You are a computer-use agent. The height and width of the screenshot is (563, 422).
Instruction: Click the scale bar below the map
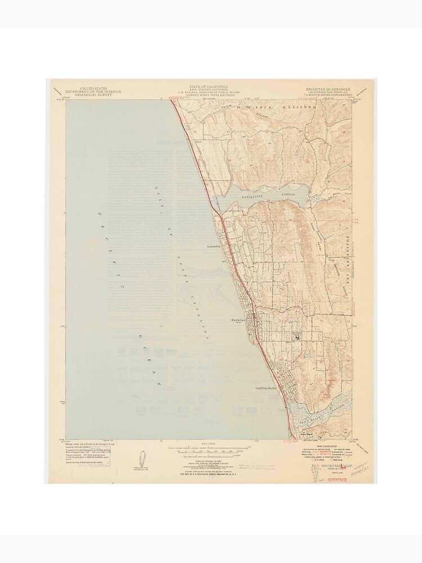click(x=209, y=449)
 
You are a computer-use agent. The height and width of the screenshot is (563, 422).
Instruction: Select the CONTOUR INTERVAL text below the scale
click(x=209, y=459)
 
